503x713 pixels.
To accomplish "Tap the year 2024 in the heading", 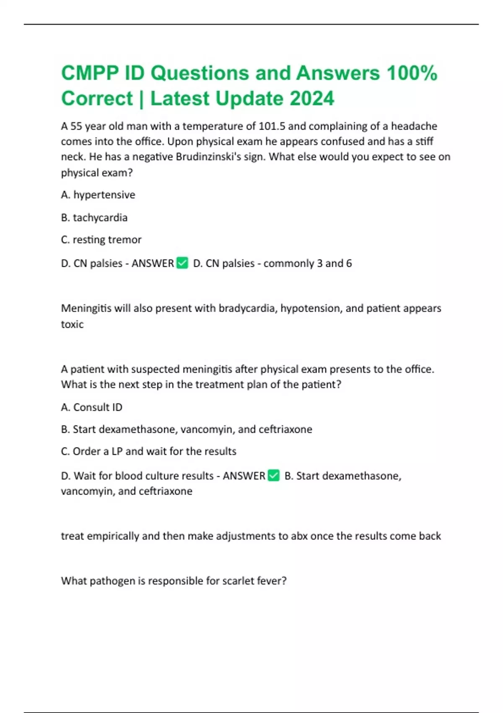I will [312, 99].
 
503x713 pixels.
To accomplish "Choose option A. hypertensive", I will [98, 195].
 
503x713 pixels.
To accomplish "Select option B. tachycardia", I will [94, 218].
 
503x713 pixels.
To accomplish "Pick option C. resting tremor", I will [101, 240].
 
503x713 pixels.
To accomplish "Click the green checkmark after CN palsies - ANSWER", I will [182, 263].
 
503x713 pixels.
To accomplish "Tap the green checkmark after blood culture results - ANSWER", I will [273, 476].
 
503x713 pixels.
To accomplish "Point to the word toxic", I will [72, 324].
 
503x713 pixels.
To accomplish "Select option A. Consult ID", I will [92, 407].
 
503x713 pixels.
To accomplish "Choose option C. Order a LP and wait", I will [148, 451].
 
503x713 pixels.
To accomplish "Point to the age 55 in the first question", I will [76, 126].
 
